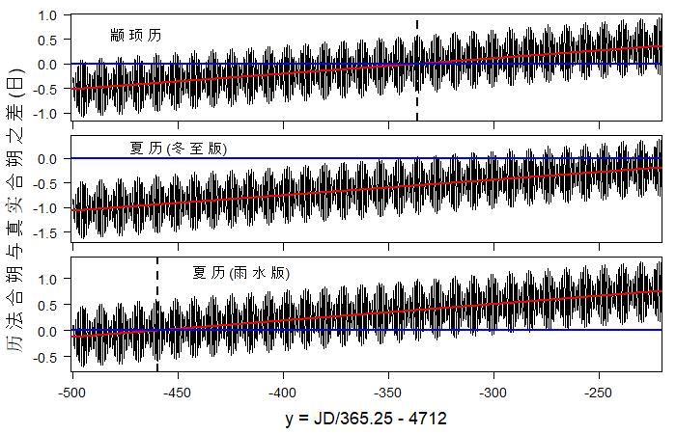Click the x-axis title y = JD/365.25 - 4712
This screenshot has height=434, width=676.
(x=366, y=420)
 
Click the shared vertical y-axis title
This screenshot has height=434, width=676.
(x=16, y=212)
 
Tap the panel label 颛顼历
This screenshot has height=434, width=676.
(x=135, y=36)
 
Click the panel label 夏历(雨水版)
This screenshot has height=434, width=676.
(x=240, y=273)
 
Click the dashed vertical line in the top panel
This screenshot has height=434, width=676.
(x=417, y=68)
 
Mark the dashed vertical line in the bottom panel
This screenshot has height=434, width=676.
(x=157, y=313)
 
